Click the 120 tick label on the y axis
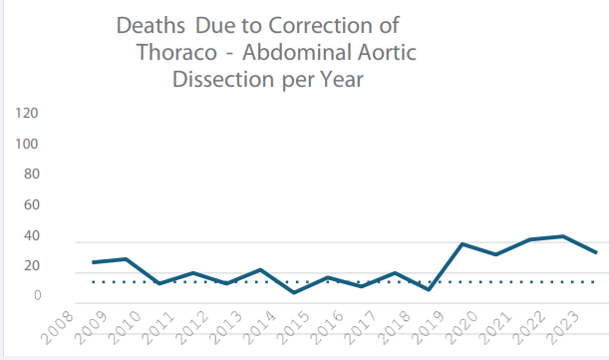click(26, 113)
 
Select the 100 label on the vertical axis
click(26, 144)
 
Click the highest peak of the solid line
click(563, 236)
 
